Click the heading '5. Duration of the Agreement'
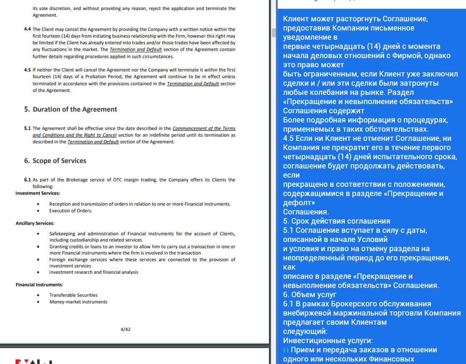tap(71, 109)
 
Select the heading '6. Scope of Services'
tap(55, 161)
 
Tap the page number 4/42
tap(125, 329)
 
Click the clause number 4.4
tap(28, 29)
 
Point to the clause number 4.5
tap(28, 70)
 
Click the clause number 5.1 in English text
tap(28, 128)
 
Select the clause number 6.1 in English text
tap(28, 180)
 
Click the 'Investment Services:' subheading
tap(38, 193)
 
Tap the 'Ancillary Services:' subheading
tap(35, 223)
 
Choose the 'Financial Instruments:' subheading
tap(39, 285)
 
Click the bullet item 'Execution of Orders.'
tap(71, 211)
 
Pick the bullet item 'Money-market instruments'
tap(78, 302)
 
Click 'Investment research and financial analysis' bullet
tap(94, 272)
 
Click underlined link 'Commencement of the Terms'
tap(204, 128)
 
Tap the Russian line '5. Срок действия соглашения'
tap(337, 221)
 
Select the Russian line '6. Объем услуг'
tap(310, 295)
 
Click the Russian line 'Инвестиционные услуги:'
tap(328, 341)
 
